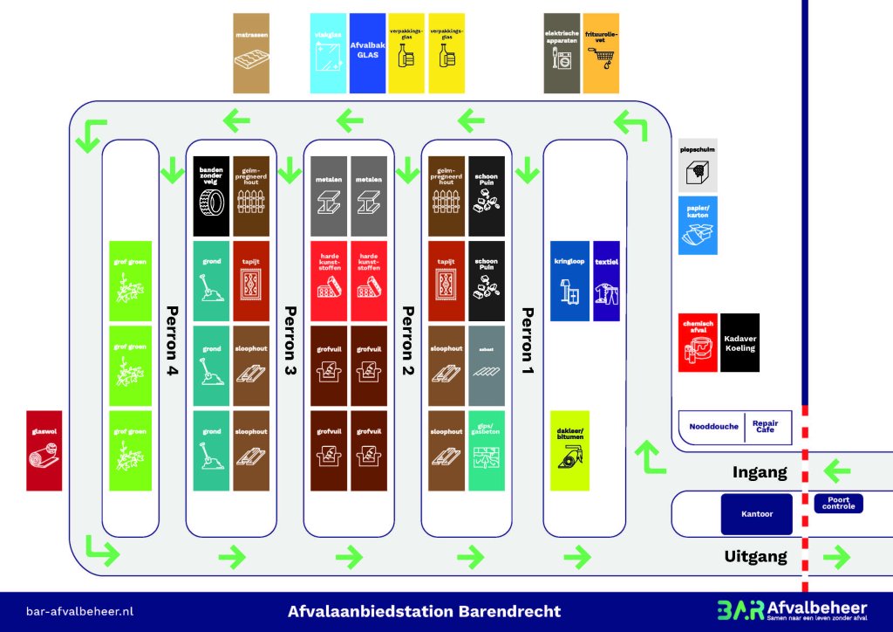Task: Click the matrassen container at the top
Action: tap(251, 53)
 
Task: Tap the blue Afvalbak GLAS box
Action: tap(367, 53)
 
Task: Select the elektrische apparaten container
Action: tap(562, 53)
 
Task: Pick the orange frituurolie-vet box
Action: tap(601, 53)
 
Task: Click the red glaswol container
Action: tap(44, 450)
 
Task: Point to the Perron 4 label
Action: tap(172, 340)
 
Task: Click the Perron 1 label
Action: tap(526, 340)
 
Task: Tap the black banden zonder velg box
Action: tap(211, 196)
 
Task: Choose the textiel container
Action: tap(606, 281)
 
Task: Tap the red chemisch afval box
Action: tap(698, 342)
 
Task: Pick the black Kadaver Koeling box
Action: tap(740, 342)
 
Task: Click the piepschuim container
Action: tap(698, 165)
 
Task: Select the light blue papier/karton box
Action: tap(698, 225)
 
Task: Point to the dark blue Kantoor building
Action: tap(757, 514)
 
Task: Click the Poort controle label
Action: tap(838, 504)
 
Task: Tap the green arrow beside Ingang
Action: tap(837, 472)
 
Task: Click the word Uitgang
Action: tap(755, 556)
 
